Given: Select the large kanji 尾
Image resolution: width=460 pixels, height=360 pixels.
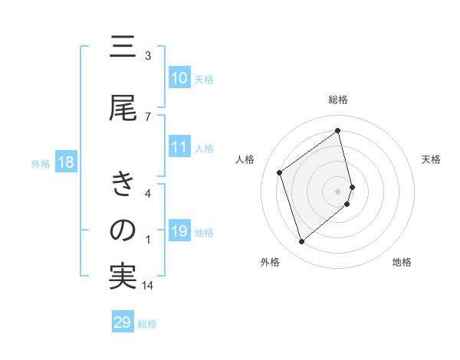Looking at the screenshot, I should (x=123, y=109).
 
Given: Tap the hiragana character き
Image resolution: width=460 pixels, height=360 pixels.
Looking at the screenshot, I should (x=123, y=185).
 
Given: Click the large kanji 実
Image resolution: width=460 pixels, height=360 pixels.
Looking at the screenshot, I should (x=123, y=277).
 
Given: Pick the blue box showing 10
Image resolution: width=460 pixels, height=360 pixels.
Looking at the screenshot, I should (x=179, y=78).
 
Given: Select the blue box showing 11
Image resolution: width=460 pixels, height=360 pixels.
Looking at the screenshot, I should (x=179, y=147).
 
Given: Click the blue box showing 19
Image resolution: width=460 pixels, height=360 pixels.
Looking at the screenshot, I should (x=179, y=231).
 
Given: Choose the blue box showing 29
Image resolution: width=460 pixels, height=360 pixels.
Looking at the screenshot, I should (x=123, y=322).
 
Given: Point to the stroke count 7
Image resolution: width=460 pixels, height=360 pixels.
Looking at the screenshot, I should (x=148, y=116).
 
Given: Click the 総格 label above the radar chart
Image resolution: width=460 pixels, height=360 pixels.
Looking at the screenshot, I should (x=338, y=100).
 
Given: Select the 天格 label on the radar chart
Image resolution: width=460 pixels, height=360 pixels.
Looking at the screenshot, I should (x=432, y=159).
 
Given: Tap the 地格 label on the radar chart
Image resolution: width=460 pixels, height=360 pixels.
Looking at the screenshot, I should (x=402, y=262).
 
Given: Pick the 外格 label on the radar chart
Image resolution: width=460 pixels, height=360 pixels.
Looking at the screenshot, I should (x=270, y=262).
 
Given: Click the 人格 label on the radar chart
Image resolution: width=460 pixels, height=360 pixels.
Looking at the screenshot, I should (x=245, y=159).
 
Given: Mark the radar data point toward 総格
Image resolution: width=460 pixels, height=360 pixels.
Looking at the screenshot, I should (x=338, y=130).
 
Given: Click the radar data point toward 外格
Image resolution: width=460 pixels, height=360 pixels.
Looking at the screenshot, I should (x=301, y=242).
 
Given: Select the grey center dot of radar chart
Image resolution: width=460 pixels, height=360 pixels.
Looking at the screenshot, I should (x=338, y=191).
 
